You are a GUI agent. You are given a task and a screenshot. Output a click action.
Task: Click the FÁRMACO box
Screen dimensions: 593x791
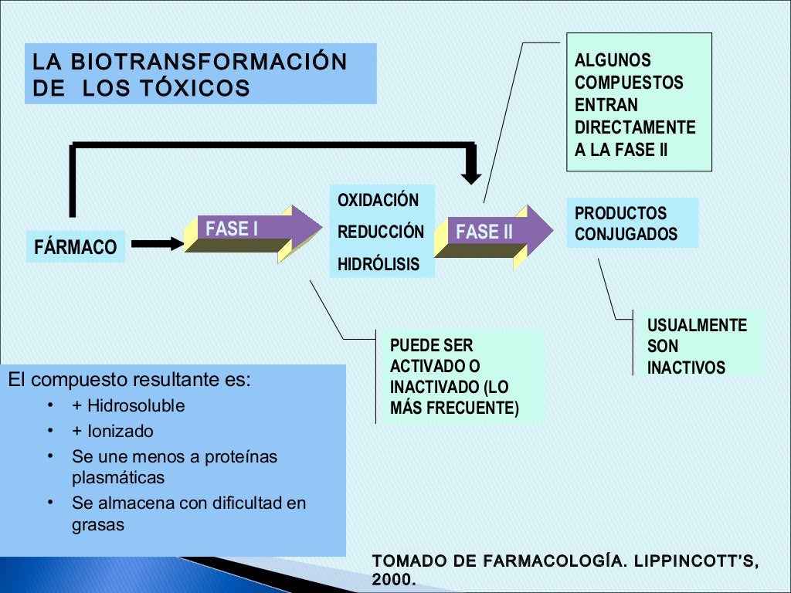76,247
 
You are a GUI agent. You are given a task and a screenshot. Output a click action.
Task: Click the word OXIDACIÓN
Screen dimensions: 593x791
378,201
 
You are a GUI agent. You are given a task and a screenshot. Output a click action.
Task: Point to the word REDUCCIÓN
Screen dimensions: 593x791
381,232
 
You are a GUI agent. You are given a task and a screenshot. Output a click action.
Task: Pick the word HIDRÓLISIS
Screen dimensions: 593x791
379,265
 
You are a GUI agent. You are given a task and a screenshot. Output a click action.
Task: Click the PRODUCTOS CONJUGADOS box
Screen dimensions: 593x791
632,223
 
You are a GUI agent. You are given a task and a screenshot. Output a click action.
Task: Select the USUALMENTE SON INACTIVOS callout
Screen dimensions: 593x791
697,346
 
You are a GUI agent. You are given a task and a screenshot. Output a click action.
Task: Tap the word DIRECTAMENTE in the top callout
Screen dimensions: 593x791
635,127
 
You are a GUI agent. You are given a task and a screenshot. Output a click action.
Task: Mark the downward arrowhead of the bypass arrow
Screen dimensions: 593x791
470,171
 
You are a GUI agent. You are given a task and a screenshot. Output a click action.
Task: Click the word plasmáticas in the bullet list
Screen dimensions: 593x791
118,477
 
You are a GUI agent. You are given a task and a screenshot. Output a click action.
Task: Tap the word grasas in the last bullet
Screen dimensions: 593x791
98,524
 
